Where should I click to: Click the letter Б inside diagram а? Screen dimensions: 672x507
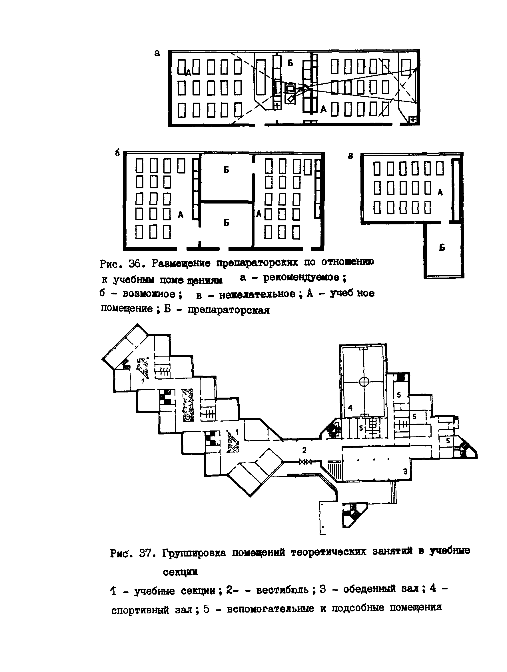(x=290, y=63)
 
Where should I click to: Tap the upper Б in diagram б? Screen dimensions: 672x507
(x=226, y=170)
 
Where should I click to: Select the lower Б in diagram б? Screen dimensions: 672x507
(x=227, y=223)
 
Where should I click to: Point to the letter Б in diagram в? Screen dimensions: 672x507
(x=442, y=248)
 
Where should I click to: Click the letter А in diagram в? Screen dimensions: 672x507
(x=440, y=192)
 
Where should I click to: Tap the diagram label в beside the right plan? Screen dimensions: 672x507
(x=351, y=156)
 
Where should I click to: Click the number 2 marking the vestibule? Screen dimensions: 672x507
(x=304, y=450)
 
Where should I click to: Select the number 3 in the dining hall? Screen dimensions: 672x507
(x=405, y=472)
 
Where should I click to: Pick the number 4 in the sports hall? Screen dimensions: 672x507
(x=350, y=408)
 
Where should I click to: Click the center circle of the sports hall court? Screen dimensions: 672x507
(x=364, y=382)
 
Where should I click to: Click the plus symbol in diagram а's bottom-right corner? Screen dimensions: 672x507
(x=412, y=120)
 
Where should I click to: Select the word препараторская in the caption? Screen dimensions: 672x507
(x=229, y=310)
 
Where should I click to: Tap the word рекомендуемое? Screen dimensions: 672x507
(x=301, y=277)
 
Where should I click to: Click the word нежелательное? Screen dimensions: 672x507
(x=257, y=294)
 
